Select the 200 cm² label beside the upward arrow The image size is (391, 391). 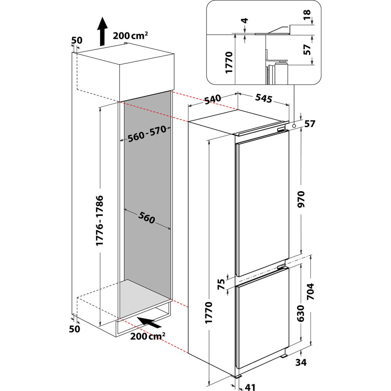click(130, 36)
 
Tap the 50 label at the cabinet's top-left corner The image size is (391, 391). click(77, 40)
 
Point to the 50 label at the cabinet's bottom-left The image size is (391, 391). click(74, 329)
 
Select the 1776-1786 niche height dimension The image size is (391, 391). click(100, 221)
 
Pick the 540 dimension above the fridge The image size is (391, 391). click(213, 99)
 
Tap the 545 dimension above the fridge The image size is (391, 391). click(264, 99)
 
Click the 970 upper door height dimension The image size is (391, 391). click(301, 199)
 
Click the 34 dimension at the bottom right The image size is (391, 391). click(301, 362)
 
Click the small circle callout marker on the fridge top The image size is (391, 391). click(293, 126)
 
